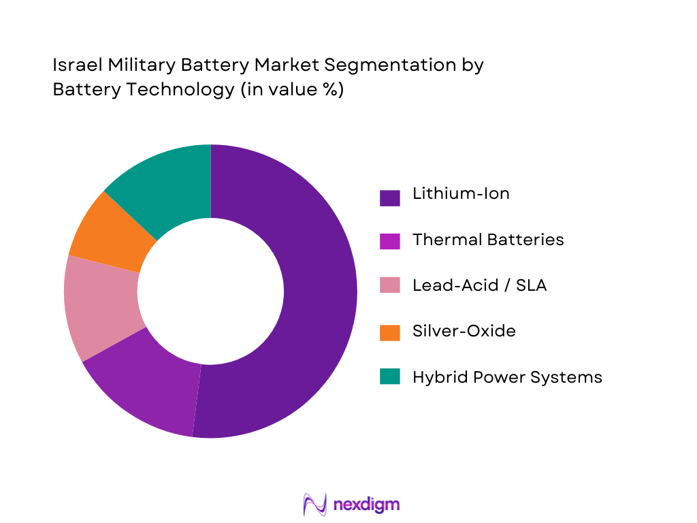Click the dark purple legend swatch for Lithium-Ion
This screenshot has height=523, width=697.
pyautogui.click(x=389, y=197)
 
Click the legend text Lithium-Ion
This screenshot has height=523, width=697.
pyautogui.click(x=461, y=193)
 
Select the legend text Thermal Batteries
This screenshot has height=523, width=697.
pyautogui.click(x=488, y=239)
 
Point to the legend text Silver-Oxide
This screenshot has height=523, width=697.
pyautogui.click(x=464, y=331)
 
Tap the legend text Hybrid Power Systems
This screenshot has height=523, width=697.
pyautogui.click(x=507, y=377)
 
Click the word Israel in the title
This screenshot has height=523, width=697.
pyautogui.click(x=71, y=65)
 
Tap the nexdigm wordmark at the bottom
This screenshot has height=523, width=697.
pyautogui.click(x=367, y=505)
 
